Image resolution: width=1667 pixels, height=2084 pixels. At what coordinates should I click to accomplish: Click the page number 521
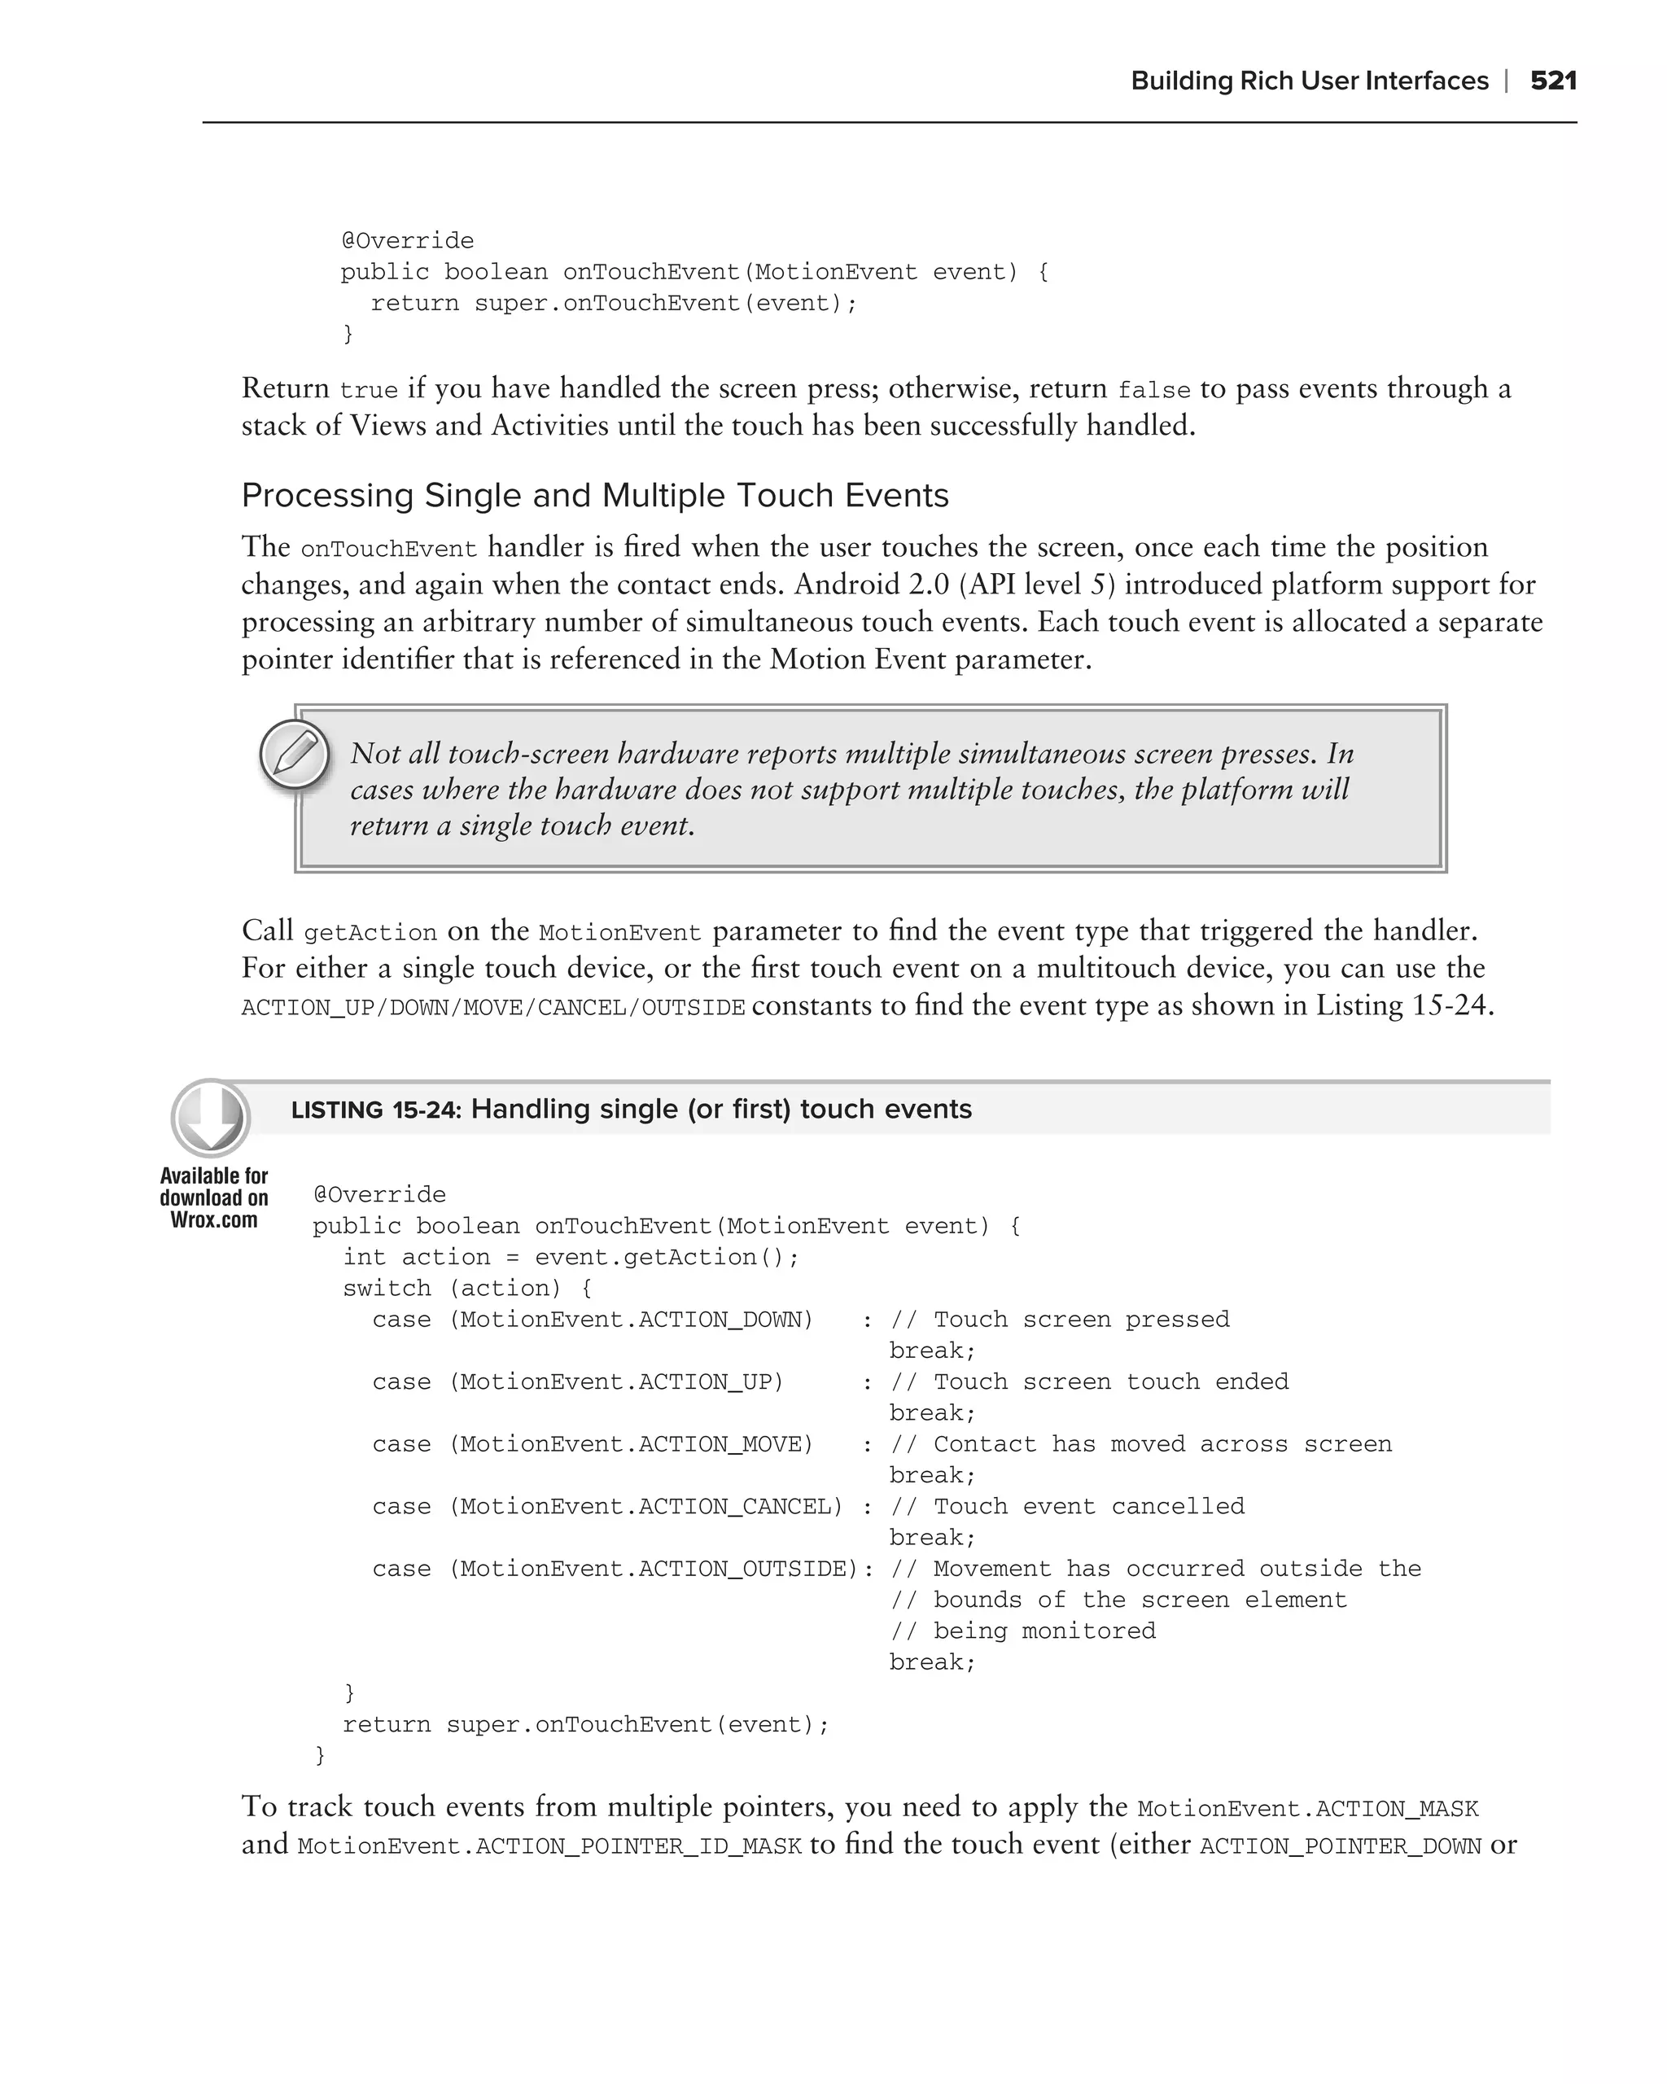click(x=1553, y=81)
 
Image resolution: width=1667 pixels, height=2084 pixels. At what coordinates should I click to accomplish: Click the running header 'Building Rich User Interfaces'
click(x=1309, y=81)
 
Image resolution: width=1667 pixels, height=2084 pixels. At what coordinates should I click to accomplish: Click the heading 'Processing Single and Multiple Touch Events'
click(x=594, y=495)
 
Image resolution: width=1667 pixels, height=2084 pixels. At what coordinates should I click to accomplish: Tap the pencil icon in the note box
click(x=295, y=755)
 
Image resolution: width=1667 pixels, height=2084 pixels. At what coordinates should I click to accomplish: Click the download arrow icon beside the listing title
click(x=211, y=1118)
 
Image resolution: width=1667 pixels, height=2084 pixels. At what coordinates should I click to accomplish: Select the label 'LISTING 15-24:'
click(x=376, y=1110)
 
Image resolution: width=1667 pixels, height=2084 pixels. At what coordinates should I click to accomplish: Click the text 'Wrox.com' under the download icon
click(x=213, y=1219)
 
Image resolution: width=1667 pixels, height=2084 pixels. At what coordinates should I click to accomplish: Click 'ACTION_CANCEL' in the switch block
click(x=739, y=1506)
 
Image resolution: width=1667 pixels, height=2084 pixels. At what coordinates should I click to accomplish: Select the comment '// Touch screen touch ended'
click(x=1089, y=1381)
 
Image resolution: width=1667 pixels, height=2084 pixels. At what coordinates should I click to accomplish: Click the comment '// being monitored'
click(x=1022, y=1631)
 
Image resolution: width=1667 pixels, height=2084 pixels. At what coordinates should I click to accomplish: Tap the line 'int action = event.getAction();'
click(x=570, y=1257)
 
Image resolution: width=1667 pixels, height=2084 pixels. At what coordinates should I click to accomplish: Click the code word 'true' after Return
click(x=368, y=391)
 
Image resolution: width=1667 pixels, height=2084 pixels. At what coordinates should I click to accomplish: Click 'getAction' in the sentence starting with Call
click(x=370, y=933)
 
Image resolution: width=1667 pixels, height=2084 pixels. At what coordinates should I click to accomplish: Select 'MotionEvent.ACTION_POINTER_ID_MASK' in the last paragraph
click(x=549, y=1846)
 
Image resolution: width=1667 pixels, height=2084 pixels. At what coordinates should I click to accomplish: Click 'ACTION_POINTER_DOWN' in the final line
click(x=1340, y=1846)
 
